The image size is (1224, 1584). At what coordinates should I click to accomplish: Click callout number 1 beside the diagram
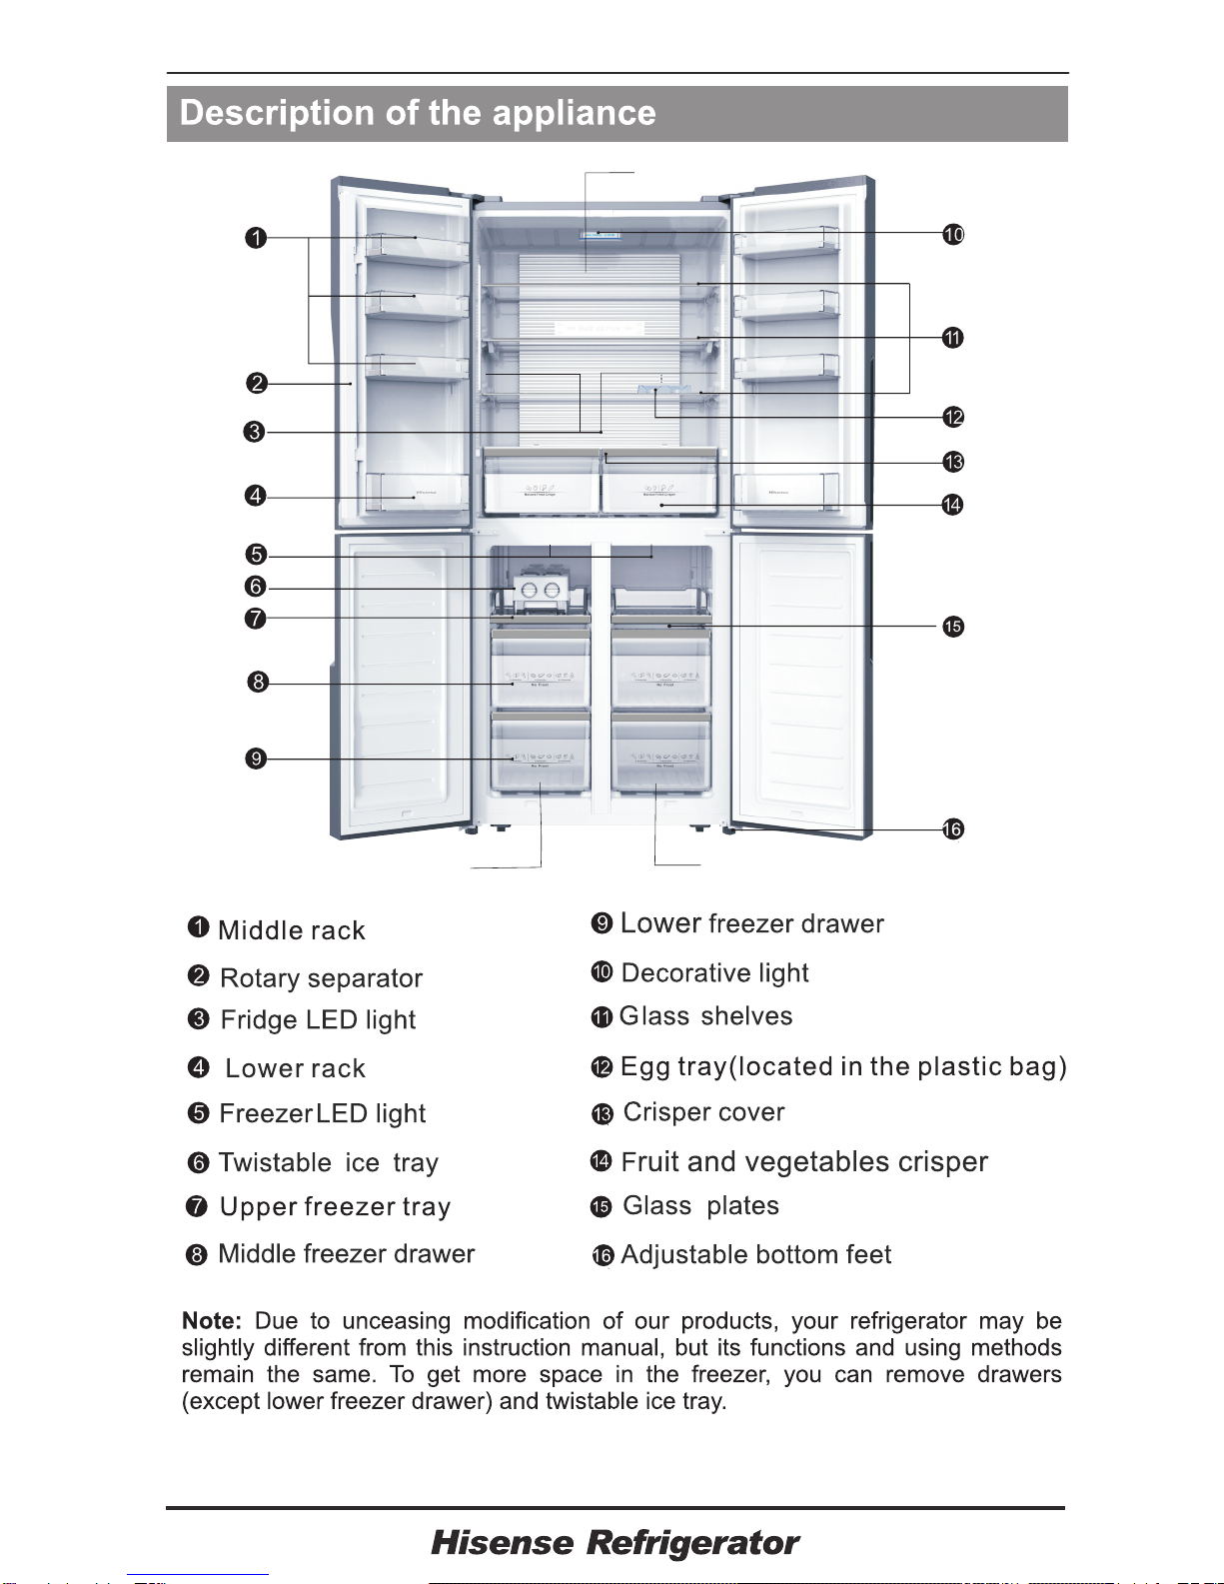257,238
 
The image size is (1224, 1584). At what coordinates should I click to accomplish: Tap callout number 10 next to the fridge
953,234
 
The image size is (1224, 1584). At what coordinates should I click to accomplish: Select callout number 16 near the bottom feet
952,828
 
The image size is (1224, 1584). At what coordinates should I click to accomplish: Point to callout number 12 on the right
953,417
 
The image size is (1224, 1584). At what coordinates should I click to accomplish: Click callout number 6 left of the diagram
256,587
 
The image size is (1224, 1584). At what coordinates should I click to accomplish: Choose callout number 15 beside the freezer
953,627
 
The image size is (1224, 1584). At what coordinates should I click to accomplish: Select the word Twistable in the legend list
275,1162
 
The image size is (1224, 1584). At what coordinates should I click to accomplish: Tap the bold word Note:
212,1321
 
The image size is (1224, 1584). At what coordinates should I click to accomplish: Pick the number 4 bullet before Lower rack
199,1067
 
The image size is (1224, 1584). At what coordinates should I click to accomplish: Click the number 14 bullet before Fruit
601,1161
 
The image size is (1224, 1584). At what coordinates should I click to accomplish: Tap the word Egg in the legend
644,1067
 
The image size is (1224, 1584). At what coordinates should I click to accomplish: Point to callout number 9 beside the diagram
257,759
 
